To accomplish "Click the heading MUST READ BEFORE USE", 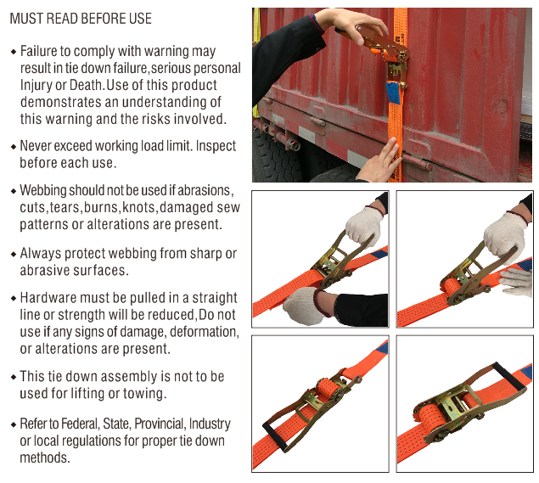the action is (81, 19).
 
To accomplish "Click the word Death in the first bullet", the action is (87, 85).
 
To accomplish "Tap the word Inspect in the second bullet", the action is (216, 146).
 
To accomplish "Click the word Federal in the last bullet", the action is (80, 424).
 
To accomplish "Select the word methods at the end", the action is (45, 458).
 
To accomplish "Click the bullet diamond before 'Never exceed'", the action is (14, 147).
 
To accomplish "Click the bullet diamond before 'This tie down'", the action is (14, 377).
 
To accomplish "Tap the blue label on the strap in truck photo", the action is (394, 93).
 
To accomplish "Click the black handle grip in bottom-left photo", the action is (275, 436).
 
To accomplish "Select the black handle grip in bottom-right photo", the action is (509, 376).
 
